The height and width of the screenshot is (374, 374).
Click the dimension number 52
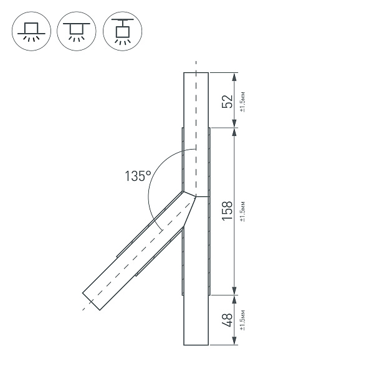[x=228, y=102]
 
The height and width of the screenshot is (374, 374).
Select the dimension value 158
[x=228, y=211]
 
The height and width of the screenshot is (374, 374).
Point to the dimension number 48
[x=228, y=320]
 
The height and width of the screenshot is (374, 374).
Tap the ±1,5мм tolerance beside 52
[x=242, y=102]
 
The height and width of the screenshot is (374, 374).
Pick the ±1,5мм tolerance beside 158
[x=242, y=211]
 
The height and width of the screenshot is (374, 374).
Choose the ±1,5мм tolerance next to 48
[x=242, y=320]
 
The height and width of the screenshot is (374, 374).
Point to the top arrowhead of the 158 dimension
[x=234, y=133]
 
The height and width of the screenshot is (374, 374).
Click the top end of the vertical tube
[x=196, y=73]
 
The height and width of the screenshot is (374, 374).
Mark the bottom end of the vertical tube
[x=196, y=345]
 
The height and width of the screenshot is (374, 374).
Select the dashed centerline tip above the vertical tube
[x=196, y=63]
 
